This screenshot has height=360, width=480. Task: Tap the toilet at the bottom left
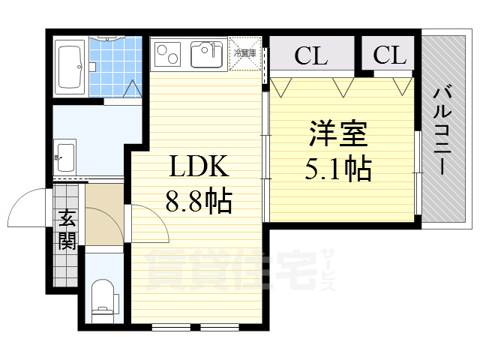tap(103, 298)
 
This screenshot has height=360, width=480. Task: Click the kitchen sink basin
tap(204, 55)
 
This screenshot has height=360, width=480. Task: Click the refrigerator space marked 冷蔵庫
tap(244, 54)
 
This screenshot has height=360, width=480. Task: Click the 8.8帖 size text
tap(199, 200)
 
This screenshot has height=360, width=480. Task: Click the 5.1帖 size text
tap(337, 170)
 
